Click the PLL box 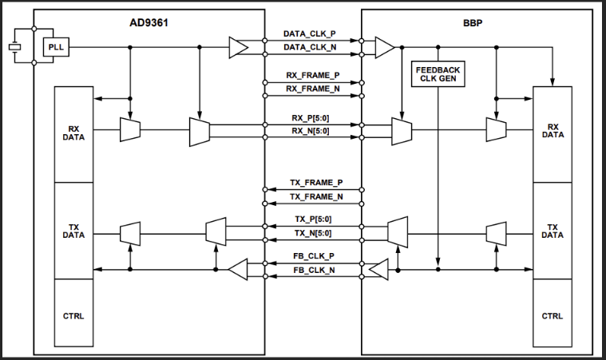57,48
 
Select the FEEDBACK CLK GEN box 438,74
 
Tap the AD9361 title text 150,22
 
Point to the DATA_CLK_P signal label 313,35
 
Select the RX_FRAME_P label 313,75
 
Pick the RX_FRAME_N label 313,89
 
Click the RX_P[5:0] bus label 313,118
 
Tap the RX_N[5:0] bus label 313,132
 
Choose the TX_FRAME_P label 313,183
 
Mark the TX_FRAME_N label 313,196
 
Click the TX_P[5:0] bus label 313,220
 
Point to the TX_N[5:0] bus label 313,233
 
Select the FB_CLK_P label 313,258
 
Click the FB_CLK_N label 313,271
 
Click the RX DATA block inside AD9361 73,132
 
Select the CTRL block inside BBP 553,316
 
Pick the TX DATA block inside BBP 553,231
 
